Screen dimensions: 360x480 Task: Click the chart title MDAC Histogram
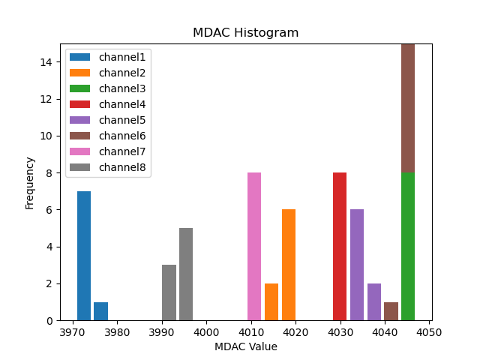[245, 33]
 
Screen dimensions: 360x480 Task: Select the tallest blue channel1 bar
[84, 256]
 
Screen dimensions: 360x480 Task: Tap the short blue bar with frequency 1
[100, 311]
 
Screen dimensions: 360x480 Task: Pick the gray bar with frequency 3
[169, 292]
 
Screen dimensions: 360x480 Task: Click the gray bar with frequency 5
[186, 274]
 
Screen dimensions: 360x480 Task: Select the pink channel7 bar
[254, 247]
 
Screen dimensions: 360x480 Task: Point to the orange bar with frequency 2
[271, 302]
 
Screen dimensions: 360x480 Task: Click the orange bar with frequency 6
[289, 265]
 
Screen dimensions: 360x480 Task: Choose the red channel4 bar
[340, 247]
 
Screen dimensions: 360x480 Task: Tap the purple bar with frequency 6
[357, 265]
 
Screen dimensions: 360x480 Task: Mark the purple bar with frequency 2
[374, 302]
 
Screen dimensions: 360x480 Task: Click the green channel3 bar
[408, 247]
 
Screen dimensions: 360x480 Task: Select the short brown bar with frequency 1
[391, 311]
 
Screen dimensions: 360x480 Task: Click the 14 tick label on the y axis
[46, 62]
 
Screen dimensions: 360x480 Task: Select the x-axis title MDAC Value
[245, 346]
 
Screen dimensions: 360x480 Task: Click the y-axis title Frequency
[30, 182]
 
